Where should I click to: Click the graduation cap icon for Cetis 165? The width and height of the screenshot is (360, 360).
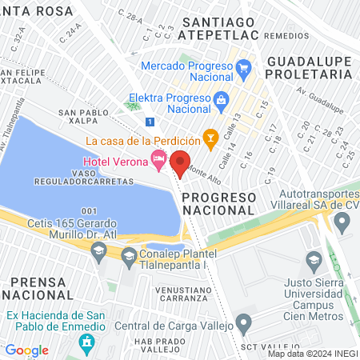[x=98, y=252]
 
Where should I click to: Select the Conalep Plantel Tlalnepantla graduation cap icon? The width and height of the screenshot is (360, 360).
[x=129, y=256]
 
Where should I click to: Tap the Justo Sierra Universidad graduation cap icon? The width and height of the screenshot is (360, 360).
[x=314, y=259]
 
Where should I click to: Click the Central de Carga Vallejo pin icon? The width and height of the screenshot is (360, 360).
[x=244, y=325]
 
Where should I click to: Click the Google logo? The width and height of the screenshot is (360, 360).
[x=26, y=350]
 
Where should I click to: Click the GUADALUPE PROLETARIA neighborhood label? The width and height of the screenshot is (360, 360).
[x=309, y=67]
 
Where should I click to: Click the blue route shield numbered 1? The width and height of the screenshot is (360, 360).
[x=150, y=122]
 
